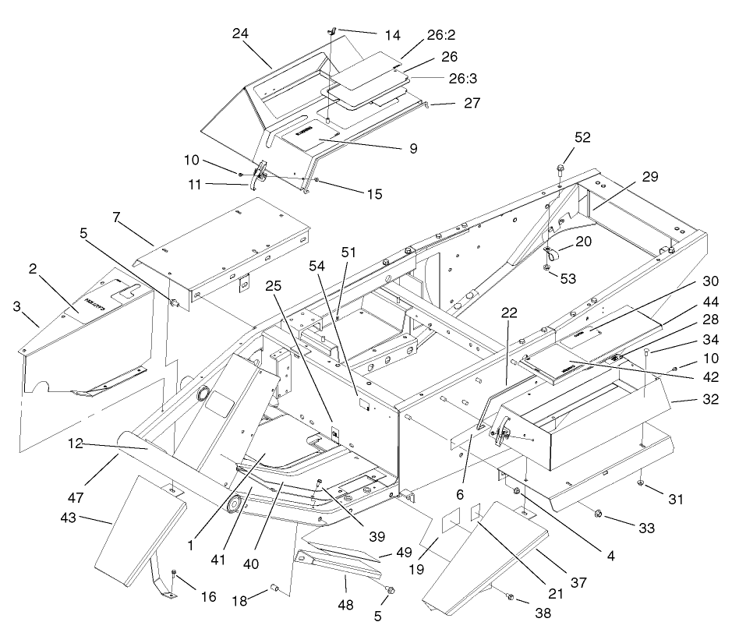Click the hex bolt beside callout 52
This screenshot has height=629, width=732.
(x=561, y=169)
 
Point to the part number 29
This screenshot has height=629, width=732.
(x=651, y=177)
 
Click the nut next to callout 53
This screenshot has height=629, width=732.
(x=548, y=269)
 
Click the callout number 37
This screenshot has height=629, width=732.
(x=577, y=582)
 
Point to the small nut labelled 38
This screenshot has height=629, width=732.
(x=510, y=597)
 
